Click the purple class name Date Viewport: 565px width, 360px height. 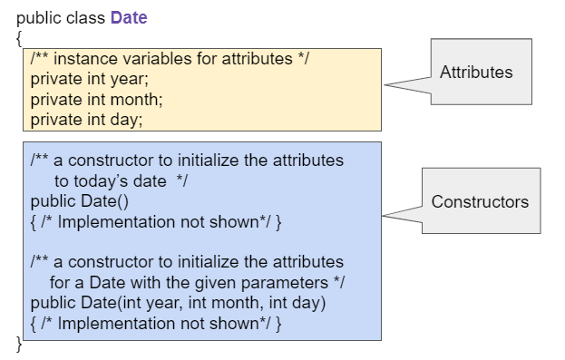coord(129,17)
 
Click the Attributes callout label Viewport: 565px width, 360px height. coord(476,73)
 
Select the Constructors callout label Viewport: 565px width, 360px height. coord(480,201)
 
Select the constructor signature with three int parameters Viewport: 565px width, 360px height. coord(178,302)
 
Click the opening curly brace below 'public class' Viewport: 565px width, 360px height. coord(19,38)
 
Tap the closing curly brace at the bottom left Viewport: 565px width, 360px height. coord(19,342)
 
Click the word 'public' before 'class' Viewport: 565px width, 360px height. coord(39,17)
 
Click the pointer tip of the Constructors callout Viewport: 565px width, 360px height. coord(384,216)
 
